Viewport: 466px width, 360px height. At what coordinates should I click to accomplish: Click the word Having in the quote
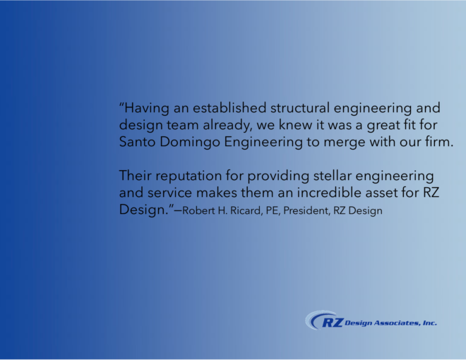point(147,108)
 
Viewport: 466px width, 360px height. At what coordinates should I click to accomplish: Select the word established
point(229,107)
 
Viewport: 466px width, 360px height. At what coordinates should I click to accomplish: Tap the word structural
point(300,107)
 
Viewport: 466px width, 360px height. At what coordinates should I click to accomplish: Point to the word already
point(227,125)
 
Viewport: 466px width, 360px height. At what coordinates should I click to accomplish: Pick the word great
point(383,125)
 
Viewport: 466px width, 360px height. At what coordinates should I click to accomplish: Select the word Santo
point(137,142)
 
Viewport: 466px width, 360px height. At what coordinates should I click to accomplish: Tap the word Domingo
point(190,143)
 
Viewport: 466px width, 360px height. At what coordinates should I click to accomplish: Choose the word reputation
point(189,176)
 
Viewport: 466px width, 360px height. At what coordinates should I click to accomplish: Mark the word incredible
point(329,193)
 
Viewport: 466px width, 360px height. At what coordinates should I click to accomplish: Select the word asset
point(381,193)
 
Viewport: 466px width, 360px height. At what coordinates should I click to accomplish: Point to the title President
point(306,210)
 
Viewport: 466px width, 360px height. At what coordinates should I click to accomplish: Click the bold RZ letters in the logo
point(333,323)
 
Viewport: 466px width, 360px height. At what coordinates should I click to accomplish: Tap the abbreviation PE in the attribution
point(273,210)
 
